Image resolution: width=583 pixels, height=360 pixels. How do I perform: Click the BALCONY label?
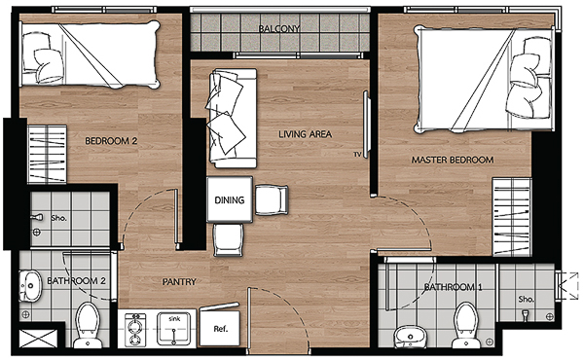click(279, 28)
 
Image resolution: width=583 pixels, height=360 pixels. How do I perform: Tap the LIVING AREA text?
click(305, 134)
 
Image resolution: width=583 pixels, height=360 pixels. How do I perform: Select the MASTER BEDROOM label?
click(453, 160)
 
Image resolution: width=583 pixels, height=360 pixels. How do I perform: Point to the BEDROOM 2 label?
click(111, 141)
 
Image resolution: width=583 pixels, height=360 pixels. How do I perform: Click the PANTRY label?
click(179, 282)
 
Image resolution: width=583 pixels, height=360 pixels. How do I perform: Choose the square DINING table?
click(230, 199)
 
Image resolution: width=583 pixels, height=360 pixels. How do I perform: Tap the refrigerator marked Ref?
click(220, 328)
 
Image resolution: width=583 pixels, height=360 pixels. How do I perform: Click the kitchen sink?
click(174, 329)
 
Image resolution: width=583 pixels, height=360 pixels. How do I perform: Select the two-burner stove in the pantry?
click(133, 330)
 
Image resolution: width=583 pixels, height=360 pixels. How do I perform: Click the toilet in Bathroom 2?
click(88, 325)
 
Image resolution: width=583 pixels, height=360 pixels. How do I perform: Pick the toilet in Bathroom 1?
click(466, 325)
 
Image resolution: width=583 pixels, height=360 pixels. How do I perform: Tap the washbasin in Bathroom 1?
click(410, 337)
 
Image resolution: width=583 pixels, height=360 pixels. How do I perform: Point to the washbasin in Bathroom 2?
click(30, 285)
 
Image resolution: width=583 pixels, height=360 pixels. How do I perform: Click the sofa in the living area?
click(233, 118)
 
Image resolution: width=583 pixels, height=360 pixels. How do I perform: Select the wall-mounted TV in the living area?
click(366, 125)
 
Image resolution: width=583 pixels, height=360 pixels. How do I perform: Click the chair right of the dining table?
click(272, 200)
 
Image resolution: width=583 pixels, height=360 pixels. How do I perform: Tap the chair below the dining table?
click(229, 240)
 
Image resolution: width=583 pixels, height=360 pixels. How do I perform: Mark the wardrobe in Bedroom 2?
click(47, 154)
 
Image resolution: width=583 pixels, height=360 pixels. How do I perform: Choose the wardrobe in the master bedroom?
click(512, 217)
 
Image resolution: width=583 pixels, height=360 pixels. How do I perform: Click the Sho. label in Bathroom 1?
click(527, 299)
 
